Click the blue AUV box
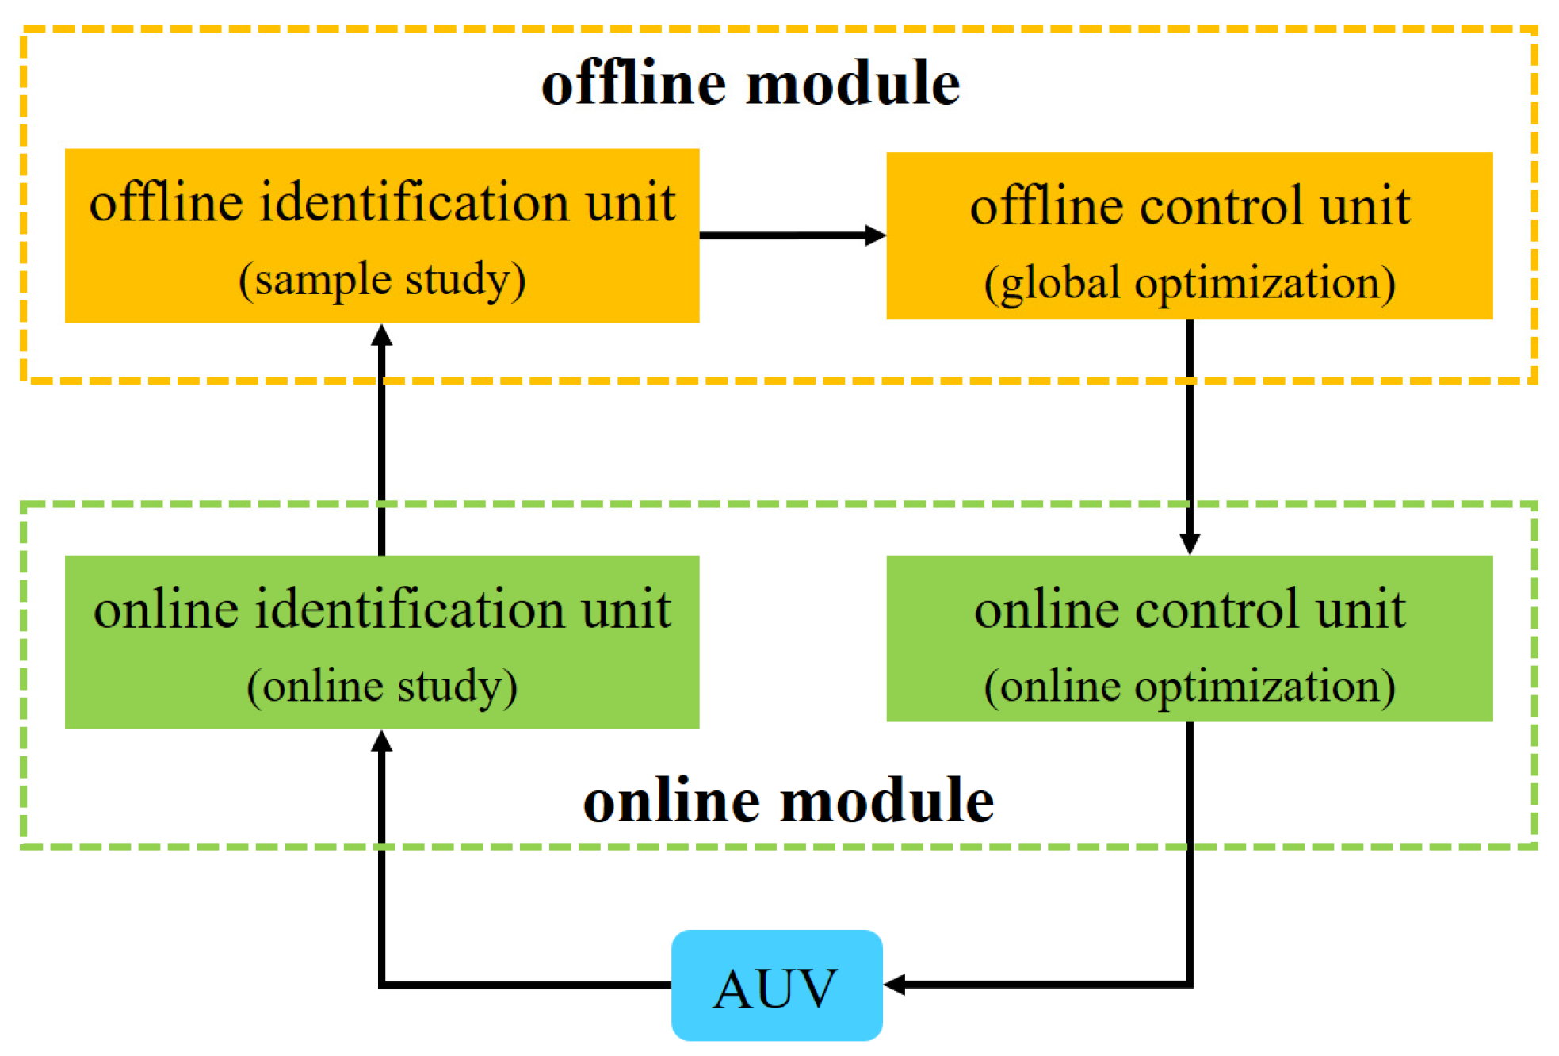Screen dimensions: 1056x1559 click(776, 985)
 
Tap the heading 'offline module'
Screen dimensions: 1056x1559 click(750, 83)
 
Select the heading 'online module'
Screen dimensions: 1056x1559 click(788, 801)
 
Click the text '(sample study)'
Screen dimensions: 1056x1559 click(382, 280)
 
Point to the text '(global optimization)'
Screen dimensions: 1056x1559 click(1189, 283)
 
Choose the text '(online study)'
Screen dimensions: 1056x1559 click(382, 687)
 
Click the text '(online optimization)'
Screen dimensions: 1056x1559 click(1189, 687)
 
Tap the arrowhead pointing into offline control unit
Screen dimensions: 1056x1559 click(875, 235)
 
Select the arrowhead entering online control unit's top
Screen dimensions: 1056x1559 click(1189, 544)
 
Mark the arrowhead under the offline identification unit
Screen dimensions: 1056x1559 click(382, 335)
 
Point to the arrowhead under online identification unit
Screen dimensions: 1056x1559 click(382, 741)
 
